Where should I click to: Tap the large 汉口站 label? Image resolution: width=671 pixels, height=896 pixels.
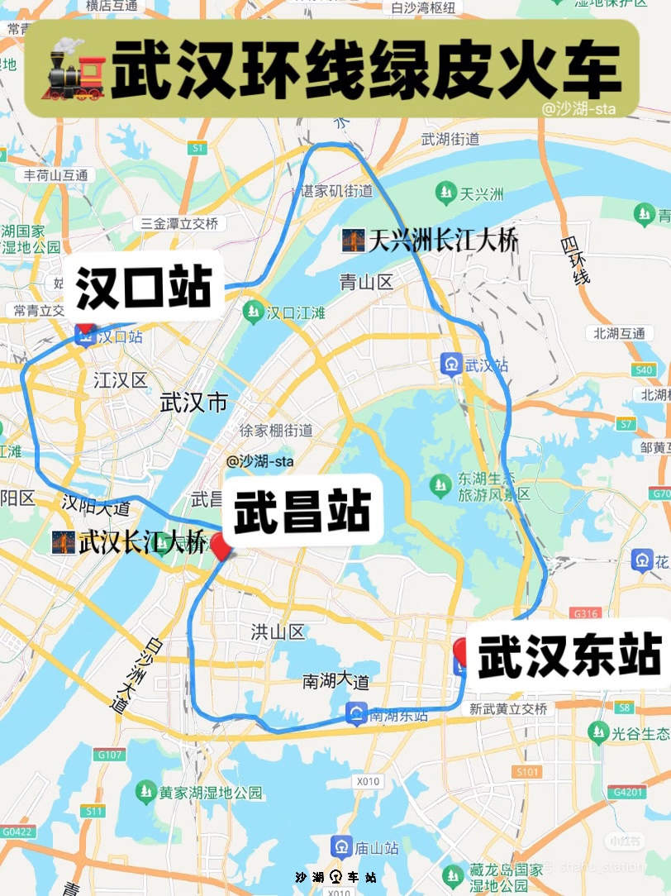[x=144, y=288]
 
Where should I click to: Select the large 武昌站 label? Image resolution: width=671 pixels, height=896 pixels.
[x=302, y=511]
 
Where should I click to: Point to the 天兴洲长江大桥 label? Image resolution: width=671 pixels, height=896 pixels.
[x=431, y=241]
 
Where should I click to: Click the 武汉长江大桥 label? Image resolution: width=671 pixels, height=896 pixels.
[x=130, y=542]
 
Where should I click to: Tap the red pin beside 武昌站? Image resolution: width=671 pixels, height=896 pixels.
[x=220, y=546]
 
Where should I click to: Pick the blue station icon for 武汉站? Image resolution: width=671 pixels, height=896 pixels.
[x=451, y=365]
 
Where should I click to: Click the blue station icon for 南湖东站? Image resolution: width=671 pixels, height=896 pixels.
[x=356, y=714]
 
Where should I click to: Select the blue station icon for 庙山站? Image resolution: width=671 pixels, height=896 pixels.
[x=342, y=847]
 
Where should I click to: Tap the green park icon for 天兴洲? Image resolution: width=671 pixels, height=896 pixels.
[x=447, y=194]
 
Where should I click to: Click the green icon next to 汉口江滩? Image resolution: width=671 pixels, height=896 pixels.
[x=252, y=312]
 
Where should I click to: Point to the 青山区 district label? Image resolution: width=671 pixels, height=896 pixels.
[x=366, y=283]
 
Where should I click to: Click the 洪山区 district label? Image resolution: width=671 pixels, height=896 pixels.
[x=278, y=632]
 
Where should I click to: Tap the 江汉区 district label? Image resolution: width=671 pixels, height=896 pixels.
[x=120, y=380]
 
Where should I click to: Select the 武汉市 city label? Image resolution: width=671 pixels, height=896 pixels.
[x=193, y=403]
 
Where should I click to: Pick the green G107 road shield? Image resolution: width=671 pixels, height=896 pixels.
[x=109, y=755]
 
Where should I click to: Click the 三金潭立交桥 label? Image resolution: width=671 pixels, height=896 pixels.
[x=179, y=223]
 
